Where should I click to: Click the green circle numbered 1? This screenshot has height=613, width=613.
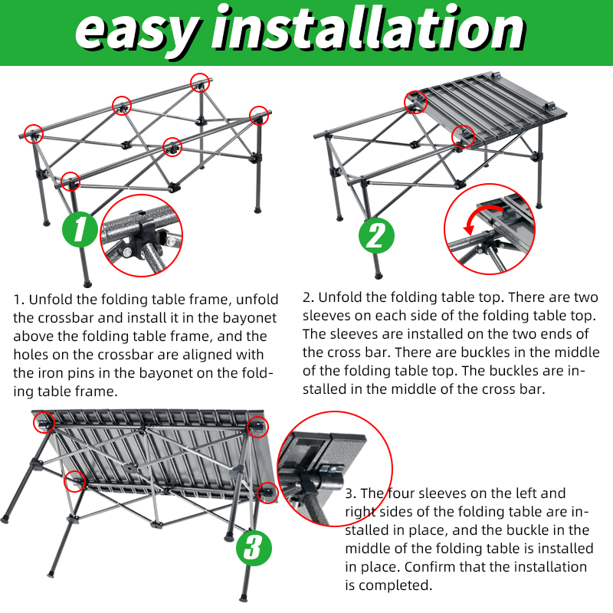80,229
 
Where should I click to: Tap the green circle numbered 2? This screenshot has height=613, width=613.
376,236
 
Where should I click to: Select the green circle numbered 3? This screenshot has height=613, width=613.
254,548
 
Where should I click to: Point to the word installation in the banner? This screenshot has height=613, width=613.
369,28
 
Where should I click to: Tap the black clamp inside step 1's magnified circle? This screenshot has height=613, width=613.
142,238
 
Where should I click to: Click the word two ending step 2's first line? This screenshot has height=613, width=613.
585,297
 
